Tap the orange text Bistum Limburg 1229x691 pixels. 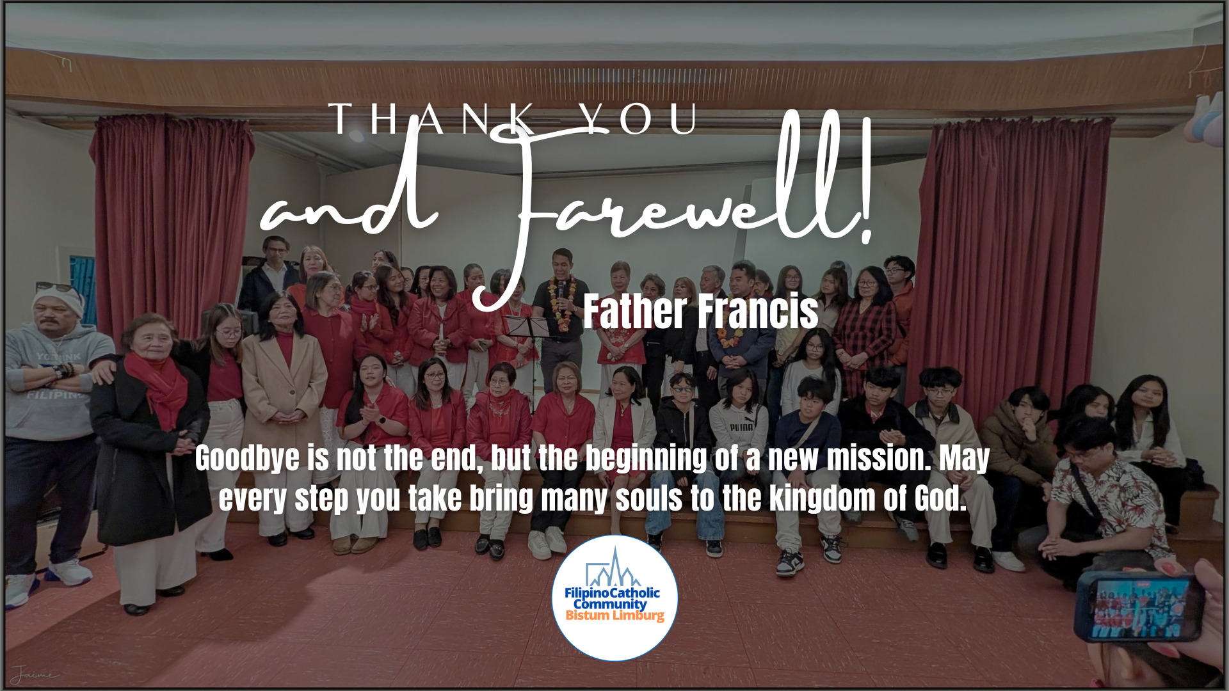coord(614,616)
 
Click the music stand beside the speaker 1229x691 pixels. coord(526,345)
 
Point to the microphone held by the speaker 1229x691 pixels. coord(561,290)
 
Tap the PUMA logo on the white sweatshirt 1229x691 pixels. coord(742,426)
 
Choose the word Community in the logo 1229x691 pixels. coord(610,604)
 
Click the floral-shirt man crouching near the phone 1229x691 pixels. coord(1107,493)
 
